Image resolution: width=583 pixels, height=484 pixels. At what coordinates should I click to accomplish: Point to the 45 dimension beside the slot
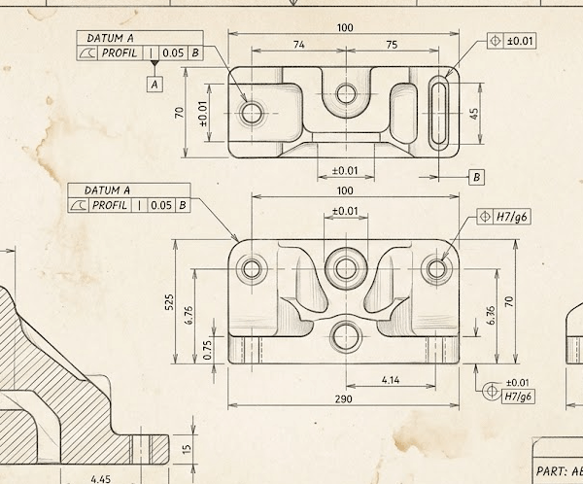click(474, 113)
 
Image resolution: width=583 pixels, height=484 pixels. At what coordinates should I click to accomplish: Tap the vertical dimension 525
click(168, 302)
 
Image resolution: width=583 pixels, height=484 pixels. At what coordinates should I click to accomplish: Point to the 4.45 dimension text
click(100, 478)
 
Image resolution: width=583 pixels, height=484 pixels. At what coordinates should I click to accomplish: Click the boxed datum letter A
click(154, 85)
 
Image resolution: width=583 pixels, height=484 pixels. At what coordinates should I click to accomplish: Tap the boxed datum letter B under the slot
click(477, 177)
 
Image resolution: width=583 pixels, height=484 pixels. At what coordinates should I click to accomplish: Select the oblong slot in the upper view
click(439, 113)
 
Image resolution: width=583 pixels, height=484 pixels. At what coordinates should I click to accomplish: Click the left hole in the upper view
click(253, 113)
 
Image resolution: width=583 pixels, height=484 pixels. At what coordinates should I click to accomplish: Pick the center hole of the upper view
click(346, 94)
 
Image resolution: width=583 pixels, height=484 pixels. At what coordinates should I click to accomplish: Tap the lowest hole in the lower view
click(345, 336)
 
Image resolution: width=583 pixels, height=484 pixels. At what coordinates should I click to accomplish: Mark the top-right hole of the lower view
click(438, 268)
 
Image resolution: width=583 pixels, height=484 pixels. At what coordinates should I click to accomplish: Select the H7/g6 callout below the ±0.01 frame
click(517, 397)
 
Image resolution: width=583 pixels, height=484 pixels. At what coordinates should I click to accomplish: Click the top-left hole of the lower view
click(253, 269)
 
